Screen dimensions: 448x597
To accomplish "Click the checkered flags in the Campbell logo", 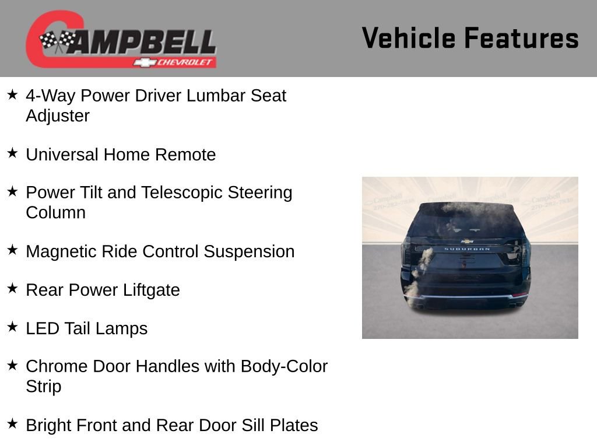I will click(x=58, y=41).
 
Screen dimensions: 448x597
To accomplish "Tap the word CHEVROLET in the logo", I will click(x=182, y=62).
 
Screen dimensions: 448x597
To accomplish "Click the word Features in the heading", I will click(x=521, y=38).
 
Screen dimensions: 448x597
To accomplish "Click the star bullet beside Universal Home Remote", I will click(x=12, y=153).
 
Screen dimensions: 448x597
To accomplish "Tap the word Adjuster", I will click(x=58, y=116).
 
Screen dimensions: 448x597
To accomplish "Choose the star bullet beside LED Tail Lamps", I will click(x=12, y=327).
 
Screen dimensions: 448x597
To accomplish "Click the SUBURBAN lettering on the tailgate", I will click(x=467, y=249).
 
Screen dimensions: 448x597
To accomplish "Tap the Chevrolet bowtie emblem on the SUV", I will click(x=467, y=240).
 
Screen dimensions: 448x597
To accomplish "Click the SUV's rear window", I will click(x=466, y=220).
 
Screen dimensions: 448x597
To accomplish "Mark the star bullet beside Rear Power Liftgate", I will click(x=12, y=288).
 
